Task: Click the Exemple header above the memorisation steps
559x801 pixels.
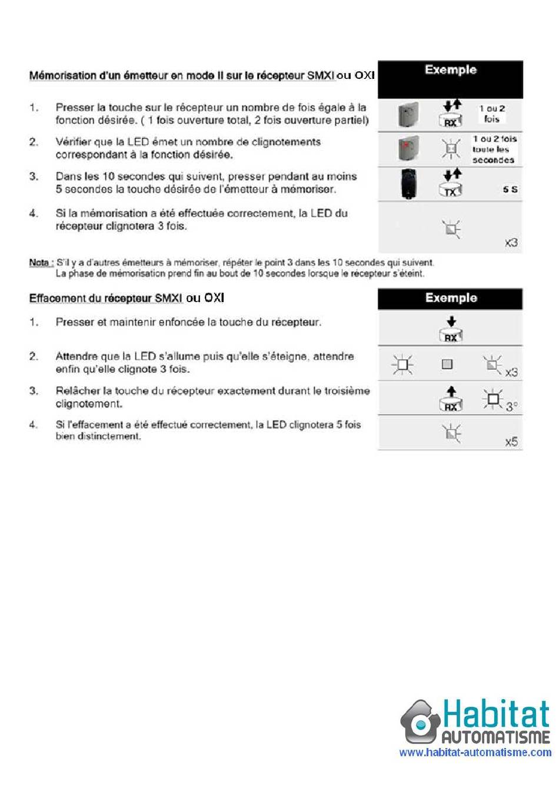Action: click(450, 69)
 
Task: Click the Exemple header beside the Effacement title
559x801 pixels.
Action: click(451, 298)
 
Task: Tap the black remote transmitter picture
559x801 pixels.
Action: click(408, 183)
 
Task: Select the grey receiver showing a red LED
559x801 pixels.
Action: click(408, 148)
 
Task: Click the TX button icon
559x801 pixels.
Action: click(450, 190)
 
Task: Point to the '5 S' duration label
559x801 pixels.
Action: click(510, 190)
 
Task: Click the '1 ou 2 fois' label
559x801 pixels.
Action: click(492, 114)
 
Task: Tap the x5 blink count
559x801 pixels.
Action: click(511, 442)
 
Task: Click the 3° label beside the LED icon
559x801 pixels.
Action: click(511, 406)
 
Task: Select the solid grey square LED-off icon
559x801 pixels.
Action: click(447, 365)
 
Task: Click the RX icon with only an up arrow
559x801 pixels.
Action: click(451, 399)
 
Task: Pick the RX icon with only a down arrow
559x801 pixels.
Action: click(451, 329)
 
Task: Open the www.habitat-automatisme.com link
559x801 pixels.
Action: click(475, 752)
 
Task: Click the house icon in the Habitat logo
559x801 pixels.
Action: click(420, 721)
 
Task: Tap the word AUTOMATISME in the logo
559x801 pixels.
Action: click(496, 737)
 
